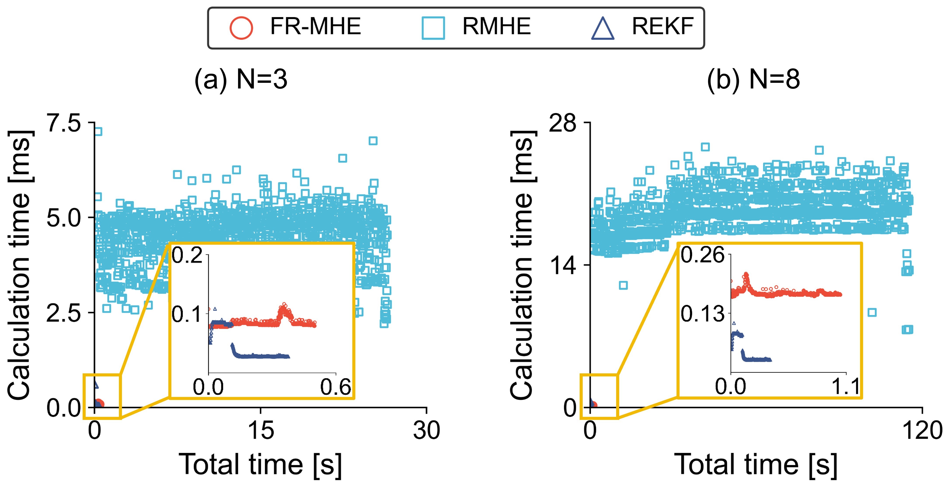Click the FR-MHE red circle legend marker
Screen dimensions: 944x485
[241, 28]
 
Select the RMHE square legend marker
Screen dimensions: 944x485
[433, 28]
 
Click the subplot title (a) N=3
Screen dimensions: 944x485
[241, 80]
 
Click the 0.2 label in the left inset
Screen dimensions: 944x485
[187, 255]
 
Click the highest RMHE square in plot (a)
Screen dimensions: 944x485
[98, 132]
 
